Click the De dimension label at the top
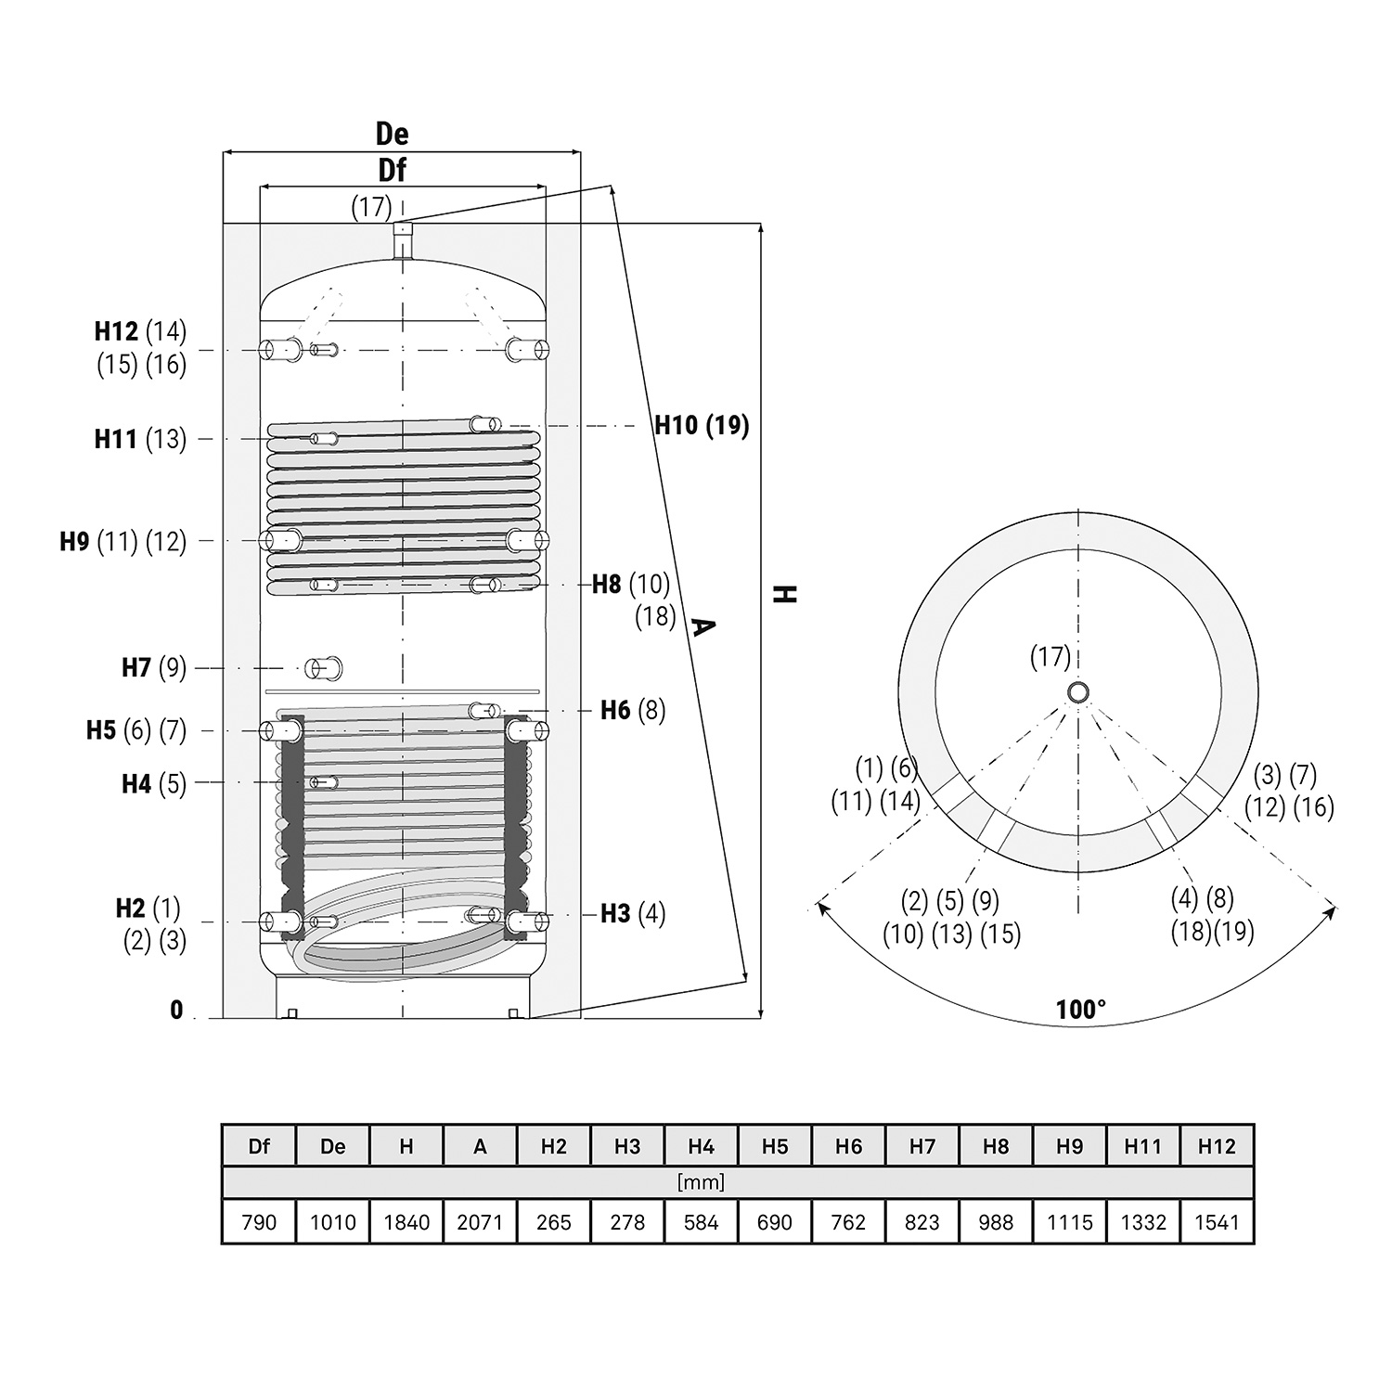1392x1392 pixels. (x=392, y=134)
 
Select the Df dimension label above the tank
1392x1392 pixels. (x=392, y=171)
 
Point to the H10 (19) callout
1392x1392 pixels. (x=702, y=425)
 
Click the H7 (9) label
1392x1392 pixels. (x=154, y=667)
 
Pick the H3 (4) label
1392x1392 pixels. (x=633, y=914)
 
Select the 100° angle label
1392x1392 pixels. (x=1081, y=1010)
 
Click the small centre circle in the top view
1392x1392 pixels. (x=1078, y=692)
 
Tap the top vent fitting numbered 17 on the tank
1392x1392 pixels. (x=402, y=239)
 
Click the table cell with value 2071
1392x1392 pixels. (x=480, y=1222)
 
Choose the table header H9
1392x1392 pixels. (x=1069, y=1146)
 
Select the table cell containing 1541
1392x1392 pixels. (x=1217, y=1222)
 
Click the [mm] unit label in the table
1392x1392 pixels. (x=701, y=1182)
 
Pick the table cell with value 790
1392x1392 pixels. (x=259, y=1222)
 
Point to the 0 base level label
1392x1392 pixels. (x=176, y=1011)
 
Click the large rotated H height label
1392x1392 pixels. (x=786, y=594)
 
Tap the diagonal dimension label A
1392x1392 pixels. (x=702, y=628)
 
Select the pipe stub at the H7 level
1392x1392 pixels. (x=324, y=667)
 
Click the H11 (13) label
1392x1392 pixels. (x=140, y=438)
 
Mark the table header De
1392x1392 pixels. (x=332, y=1146)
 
